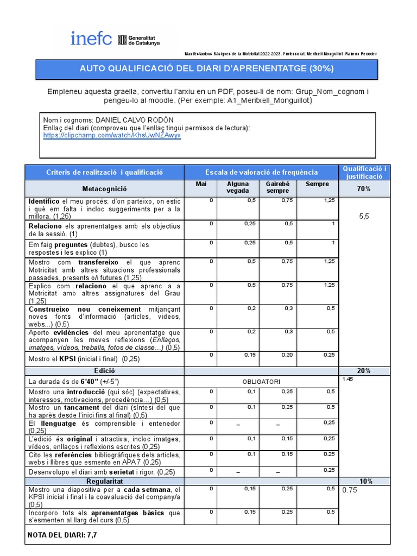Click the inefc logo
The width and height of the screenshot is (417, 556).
(x=91, y=39)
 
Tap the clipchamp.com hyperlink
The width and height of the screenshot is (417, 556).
(x=112, y=136)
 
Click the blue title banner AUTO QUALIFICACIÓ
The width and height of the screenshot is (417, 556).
(x=206, y=69)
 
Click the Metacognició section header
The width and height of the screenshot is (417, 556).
(x=104, y=188)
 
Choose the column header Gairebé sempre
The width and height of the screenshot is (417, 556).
(x=277, y=187)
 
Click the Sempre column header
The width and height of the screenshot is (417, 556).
(x=317, y=184)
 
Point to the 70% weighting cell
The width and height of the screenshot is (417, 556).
(x=364, y=188)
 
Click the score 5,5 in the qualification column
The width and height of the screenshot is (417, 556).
(x=364, y=216)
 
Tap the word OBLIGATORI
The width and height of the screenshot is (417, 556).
(x=261, y=381)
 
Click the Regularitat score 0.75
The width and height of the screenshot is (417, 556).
(x=350, y=490)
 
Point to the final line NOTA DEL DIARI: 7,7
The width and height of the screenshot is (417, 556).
(x=62, y=535)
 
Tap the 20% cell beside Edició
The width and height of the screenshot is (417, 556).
(x=364, y=370)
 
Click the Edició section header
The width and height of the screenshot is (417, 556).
(x=104, y=370)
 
